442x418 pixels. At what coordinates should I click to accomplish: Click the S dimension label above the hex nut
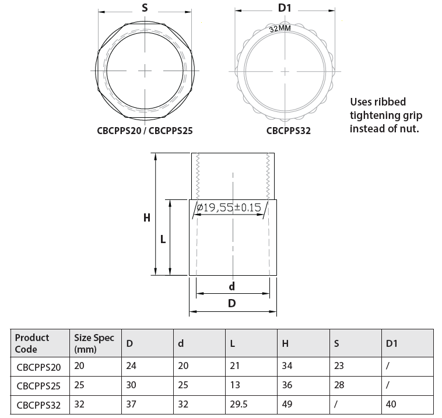(x=145, y=8)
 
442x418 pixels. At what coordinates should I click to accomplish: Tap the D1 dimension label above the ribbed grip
(x=285, y=8)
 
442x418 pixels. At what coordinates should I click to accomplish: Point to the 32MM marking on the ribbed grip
(x=280, y=28)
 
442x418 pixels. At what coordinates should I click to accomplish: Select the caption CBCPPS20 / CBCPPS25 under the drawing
(x=145, y=131)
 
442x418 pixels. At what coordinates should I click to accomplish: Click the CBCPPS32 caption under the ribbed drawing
(x=289, y=131)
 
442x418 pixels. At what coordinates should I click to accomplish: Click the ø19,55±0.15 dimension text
(x=229, y=208)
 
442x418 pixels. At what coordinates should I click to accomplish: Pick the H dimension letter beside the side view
(x=146, y=218)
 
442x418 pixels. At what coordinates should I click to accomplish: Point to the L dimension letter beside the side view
(x=163, y=240)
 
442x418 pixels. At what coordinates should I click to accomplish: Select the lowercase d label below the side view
(x=231, y=286)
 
